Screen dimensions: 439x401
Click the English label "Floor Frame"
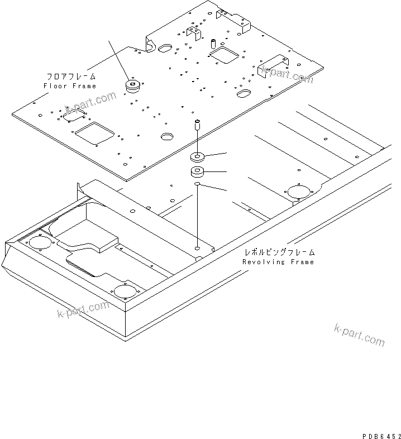tap(70, 86)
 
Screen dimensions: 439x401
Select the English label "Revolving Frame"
tap(278, 262)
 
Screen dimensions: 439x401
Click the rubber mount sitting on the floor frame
tap(133, 86)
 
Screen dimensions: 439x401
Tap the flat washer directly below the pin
tap(197, 155)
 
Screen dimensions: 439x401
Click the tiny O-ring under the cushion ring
tap(197, 184)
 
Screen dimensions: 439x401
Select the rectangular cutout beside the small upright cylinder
tap(225, 53)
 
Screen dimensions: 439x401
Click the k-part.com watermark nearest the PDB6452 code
tap(360, 335)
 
